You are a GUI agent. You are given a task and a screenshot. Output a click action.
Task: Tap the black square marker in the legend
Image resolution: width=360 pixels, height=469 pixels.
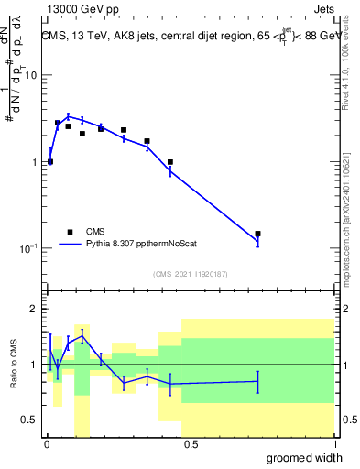point(70,232)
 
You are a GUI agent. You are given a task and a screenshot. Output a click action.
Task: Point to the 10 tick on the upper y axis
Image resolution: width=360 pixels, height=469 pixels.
point(30,76)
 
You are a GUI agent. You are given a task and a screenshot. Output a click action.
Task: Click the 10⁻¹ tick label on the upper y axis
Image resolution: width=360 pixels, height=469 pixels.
point(27,248)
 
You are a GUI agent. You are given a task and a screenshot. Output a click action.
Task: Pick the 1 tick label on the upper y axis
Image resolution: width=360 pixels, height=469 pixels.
point(34,162)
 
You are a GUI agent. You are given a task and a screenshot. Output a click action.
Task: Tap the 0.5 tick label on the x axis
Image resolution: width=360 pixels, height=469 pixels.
point(191,445)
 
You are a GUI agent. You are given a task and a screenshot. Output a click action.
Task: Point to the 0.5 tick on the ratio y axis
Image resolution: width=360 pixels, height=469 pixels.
point(29,420)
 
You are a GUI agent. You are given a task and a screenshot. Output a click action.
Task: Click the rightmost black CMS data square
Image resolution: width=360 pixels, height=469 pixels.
point(257,234)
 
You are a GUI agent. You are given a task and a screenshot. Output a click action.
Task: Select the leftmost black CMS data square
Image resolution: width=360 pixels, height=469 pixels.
point(50,162)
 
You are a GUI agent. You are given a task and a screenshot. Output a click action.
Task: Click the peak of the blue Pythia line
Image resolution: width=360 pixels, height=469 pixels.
point(68,116)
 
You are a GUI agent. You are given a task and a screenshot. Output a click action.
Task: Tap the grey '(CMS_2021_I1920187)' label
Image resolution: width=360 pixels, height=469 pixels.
point(191,274)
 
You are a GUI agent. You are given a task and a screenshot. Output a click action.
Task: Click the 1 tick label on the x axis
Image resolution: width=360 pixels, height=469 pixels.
point(335,445)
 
